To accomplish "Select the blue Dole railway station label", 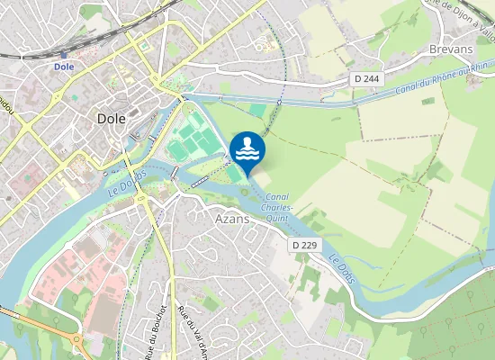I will pyautogui.click(x=63, y=66).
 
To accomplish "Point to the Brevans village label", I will pyautogui.click(x=451, y=49).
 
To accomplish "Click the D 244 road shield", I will pyautogui.click(x=365, y=79).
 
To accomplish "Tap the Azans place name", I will pyautogui.click(x=232, y=218).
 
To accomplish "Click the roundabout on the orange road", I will pyautogui.click(x=76, y=342).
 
